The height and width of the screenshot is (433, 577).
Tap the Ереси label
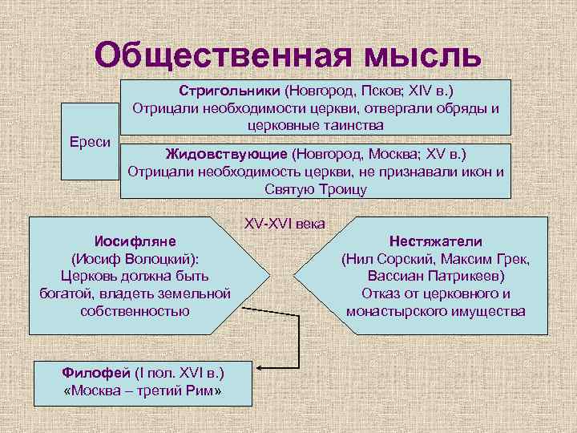91,141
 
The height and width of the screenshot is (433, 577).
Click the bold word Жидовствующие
226,153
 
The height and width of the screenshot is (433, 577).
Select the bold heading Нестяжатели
436,241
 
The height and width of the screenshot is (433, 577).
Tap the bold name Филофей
91,373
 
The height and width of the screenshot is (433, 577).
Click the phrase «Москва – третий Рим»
142,391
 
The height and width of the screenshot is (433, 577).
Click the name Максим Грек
490,258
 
